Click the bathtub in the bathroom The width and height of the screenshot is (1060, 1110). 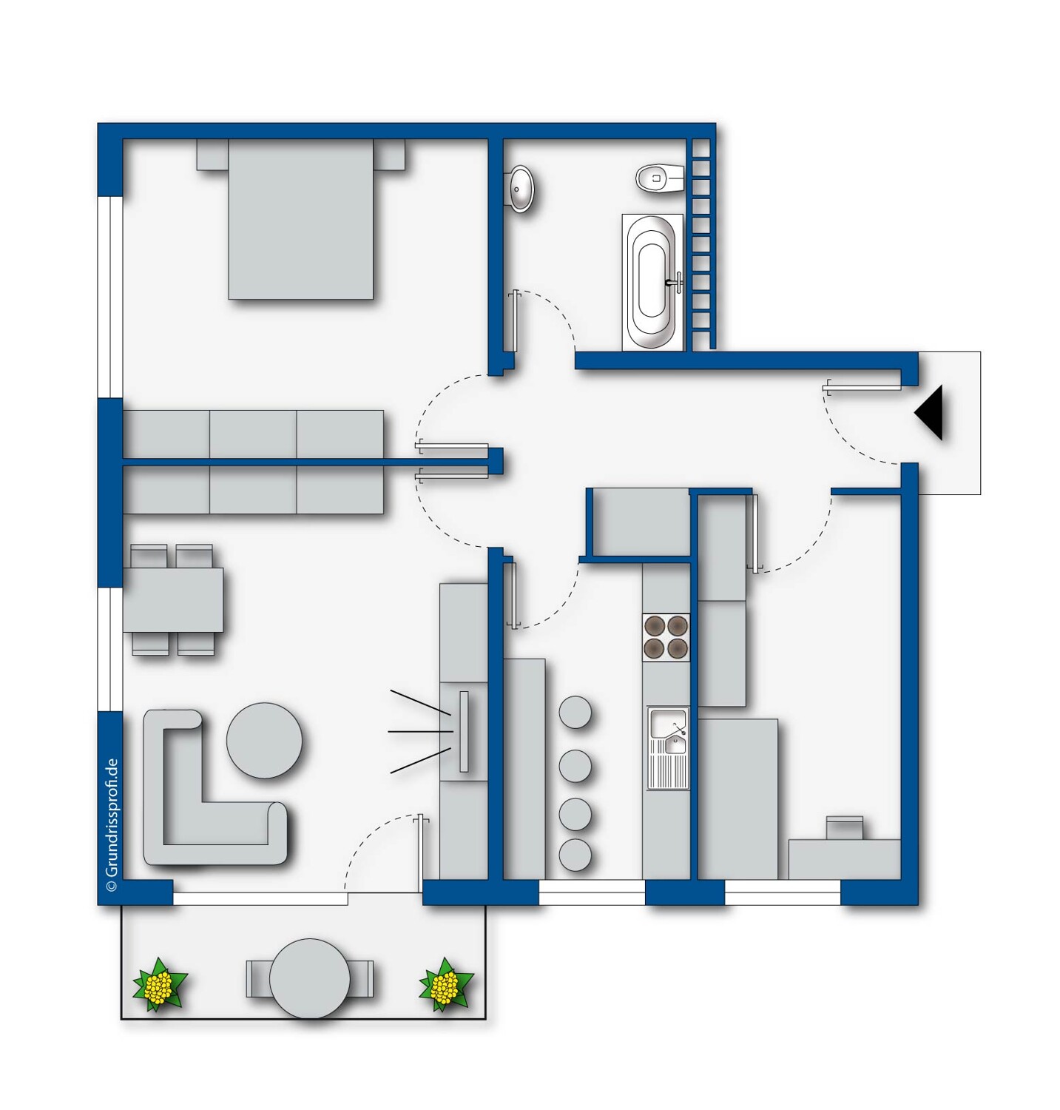[x=652, y=281]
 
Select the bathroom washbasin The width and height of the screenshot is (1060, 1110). [x=521, y=188]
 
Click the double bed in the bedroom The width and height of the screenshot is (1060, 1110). [x=300, y=220]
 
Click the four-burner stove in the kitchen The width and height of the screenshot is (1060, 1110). [x=666, y=637]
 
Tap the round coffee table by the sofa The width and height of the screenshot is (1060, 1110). [x=264, y=740]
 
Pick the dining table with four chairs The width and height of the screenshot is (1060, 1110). [x=173, y=599]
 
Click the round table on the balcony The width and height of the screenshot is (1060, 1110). [x=309, y=978]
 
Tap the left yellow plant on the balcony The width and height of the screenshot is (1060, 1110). [x=159, y=985]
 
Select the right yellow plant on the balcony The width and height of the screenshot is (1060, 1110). [x=445, y=985]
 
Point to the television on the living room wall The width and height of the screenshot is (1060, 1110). [x=464, y=731]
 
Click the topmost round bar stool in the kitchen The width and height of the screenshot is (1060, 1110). [x=575, y=712]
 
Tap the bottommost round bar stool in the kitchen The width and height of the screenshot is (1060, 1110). [x=575, y=855]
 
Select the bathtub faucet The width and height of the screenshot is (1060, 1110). [x=675, y=282]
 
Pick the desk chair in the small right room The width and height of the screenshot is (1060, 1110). [x=844, y=827]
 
